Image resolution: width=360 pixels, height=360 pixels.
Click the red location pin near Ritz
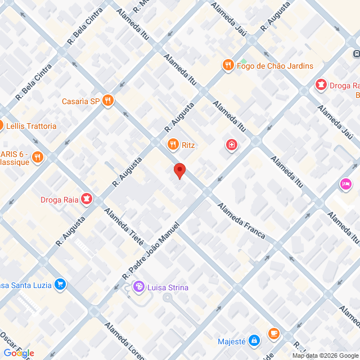(x=179, y=170)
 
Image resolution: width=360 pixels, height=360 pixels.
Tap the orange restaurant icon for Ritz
(x=173, y=145)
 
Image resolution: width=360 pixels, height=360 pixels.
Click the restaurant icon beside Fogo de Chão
(x=228, y=65)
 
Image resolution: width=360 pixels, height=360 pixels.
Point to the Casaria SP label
(x=80, y=101)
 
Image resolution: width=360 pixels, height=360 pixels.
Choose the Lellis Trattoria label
(x=31, y=126)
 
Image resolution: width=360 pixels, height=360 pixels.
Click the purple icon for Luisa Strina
(x=138, y=287)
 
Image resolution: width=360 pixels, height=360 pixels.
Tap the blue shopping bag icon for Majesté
(x=254, y=341)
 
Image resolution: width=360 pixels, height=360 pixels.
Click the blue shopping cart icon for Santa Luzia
(x=60, y=285)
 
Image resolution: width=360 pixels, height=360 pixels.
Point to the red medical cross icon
(x=231, y=146)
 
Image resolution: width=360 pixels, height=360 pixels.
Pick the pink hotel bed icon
(x=345, y=184)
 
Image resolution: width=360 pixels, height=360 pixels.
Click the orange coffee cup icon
(x=274, y=334)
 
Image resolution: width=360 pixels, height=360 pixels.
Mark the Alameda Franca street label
(x=241, y=220)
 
